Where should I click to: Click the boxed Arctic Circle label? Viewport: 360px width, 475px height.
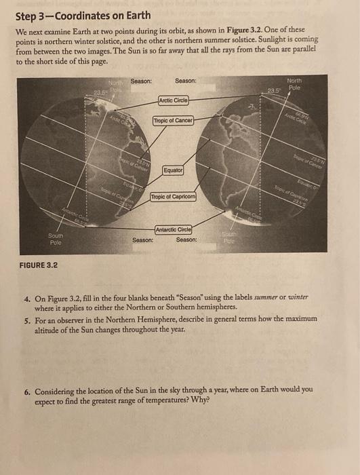click(x=173, y=100)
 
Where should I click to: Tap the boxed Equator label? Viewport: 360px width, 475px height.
click(x=172, y=169)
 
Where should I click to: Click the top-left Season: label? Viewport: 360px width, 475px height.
click(x=142, y=81)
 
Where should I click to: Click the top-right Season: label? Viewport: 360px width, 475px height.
click(x=185, y=81)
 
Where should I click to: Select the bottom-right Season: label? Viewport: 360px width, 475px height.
click(x=186, y=240)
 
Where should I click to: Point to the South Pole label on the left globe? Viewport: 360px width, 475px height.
click(x=56, y=239)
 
